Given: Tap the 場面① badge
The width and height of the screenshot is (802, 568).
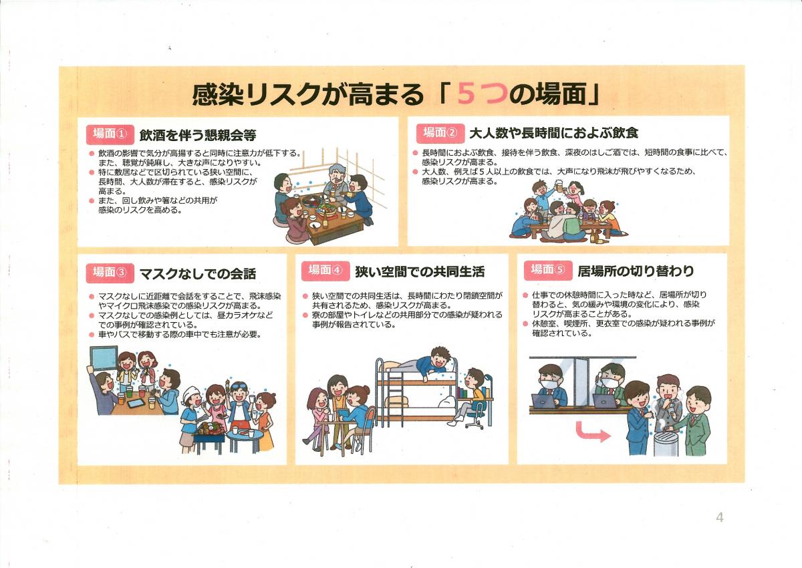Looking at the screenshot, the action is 110,134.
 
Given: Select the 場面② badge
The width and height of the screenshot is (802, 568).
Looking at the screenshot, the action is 440,133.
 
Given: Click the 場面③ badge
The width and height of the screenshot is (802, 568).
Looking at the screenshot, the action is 110,273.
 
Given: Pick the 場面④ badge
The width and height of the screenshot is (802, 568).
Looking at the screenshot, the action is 325,271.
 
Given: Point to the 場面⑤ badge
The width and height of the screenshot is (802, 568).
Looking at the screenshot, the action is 548,271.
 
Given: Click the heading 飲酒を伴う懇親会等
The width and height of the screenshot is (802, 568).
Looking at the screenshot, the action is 198,135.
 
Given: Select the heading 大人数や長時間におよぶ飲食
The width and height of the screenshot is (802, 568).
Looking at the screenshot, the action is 553,134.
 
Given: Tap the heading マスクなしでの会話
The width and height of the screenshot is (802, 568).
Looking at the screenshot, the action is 198,274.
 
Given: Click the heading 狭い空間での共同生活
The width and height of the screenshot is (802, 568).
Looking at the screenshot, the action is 420,272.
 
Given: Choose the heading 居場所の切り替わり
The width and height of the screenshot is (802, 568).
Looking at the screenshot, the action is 636,271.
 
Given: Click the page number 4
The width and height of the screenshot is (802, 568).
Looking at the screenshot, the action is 720,517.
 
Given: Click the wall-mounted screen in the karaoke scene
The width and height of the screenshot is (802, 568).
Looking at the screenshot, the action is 104,360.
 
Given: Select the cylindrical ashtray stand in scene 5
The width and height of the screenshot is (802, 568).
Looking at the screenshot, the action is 666,442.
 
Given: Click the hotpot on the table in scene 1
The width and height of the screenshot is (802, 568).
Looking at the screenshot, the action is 313,200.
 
